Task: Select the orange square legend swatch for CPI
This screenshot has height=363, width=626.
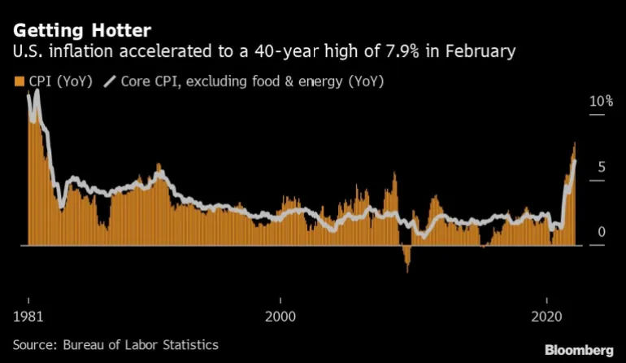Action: [18, 81]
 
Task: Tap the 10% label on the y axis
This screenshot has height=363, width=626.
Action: [601, 102]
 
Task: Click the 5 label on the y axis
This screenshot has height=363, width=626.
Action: [601, 167]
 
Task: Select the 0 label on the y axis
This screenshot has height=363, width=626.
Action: [601, 232]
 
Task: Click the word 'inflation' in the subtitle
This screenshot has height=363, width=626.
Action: [76, 52]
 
